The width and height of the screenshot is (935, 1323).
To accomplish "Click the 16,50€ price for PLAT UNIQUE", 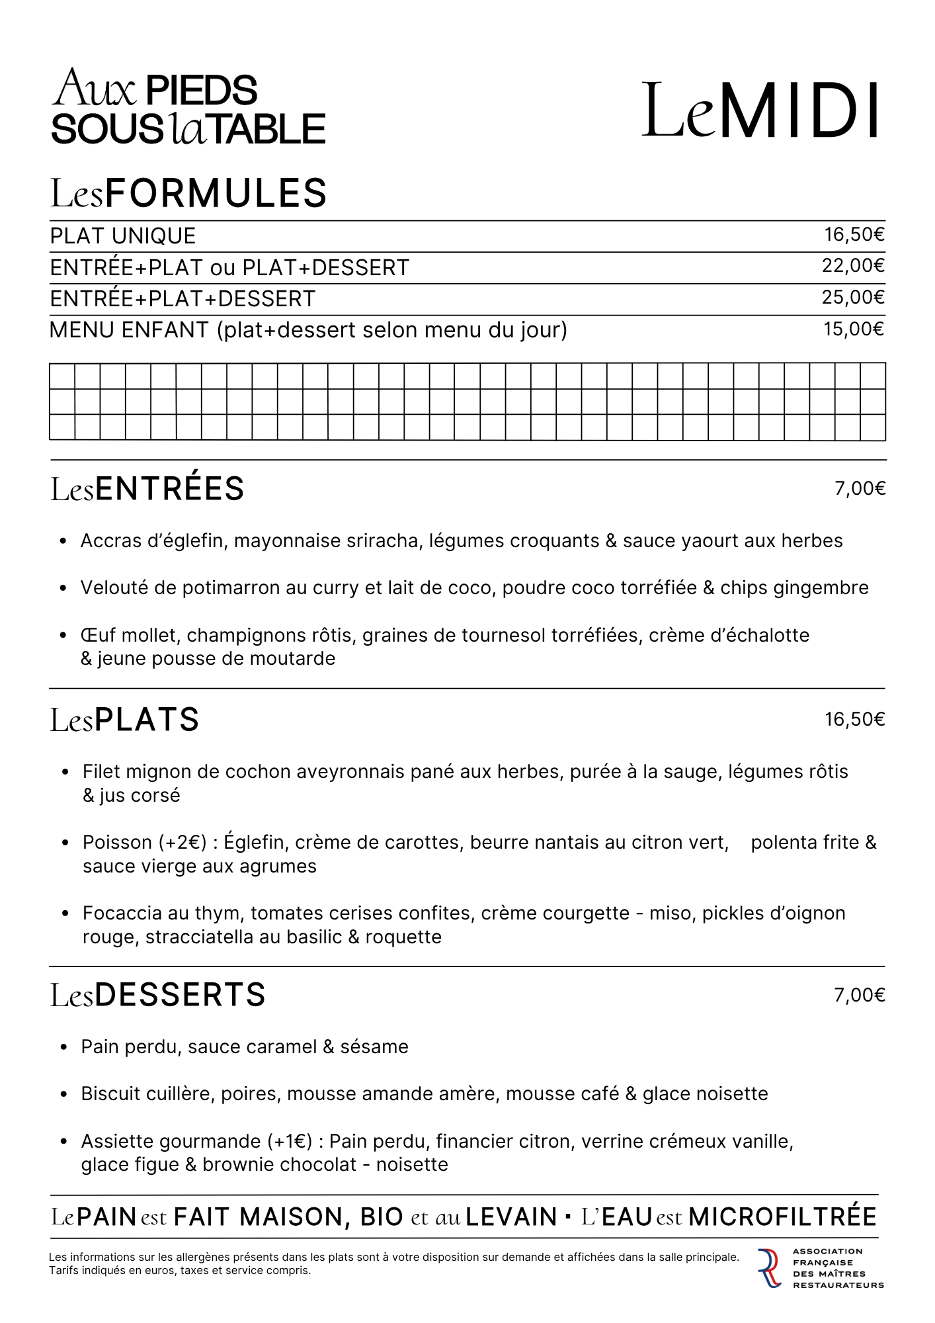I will pyautogui.click(x=854, y=235).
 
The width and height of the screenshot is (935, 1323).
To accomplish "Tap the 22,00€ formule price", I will pyautogui.click(x=853, y=266).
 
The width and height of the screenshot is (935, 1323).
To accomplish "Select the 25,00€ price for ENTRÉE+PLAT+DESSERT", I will pyautogui.click(x=853, y=298).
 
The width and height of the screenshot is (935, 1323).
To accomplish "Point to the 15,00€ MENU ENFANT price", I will pyautogui.click(x=853, y=329).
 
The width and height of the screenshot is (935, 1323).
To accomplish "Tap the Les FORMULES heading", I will pyautogui.click(x=188, y=193).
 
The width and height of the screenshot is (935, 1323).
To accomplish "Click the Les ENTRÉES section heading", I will pyautogui.click(x=147, y=489).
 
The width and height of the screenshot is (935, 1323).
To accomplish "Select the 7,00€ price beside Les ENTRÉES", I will pyautogui.click(x=860, y=489).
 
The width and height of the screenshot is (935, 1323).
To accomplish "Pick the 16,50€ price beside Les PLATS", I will pyautogui.click(x=854, y=719).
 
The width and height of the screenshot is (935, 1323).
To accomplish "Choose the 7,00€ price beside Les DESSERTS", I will pyautogui.click(x=860, y=996).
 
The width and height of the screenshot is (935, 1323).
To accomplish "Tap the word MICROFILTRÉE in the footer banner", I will pyautogui.click(x=782, y=1217).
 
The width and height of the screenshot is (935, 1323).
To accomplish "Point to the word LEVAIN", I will pyautogui.click(x=511, y=1217).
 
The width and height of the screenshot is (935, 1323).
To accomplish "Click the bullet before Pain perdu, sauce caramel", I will pyautogui.click(x=64, y=1048).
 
